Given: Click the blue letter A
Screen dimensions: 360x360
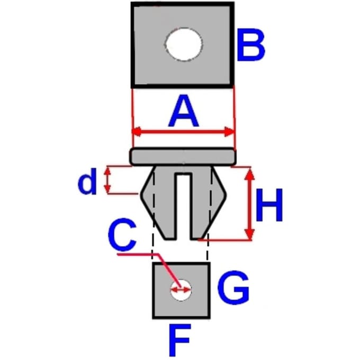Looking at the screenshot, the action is pos(184,111).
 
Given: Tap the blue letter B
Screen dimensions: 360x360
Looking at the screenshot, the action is pos(251,45).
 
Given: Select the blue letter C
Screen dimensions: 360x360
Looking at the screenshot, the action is pos(122,235).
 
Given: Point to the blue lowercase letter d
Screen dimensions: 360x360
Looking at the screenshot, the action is pos(87,181).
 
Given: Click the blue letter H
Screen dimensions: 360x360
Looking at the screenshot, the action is pos(269,205).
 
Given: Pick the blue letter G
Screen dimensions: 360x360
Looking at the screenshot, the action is pos(233,287).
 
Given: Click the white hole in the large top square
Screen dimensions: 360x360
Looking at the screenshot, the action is pos(184,44).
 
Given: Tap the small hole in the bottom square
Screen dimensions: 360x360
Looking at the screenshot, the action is pos(181,290).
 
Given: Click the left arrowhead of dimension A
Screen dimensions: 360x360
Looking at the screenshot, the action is pos(137,132).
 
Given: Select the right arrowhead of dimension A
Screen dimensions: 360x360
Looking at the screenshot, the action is pos(229,132).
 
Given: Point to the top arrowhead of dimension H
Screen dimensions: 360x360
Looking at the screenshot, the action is pos(250,174).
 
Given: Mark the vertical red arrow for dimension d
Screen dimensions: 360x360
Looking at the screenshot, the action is pos(107,180).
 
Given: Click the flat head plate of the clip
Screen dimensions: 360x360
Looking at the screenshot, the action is pos(183,157).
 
